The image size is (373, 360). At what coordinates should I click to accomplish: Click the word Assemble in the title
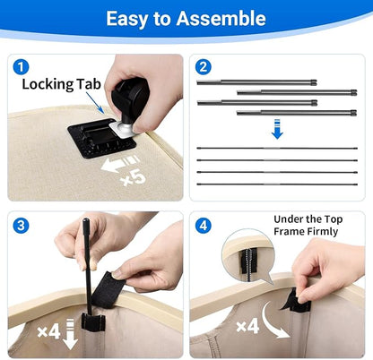coord(221,19)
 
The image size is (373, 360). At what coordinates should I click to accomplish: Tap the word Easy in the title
coord(126,19)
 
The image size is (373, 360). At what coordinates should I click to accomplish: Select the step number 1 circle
coord(21,67)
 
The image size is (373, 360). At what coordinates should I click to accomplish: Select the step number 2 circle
coord(204,67)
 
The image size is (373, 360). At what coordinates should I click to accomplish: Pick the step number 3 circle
coord(21,226)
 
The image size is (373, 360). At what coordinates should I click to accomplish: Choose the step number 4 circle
coord(204,226)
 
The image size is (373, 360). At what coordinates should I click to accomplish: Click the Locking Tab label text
coord(61,84)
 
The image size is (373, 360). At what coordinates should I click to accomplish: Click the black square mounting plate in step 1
coord(101,138)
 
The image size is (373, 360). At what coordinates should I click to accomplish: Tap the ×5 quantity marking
coord(133,177)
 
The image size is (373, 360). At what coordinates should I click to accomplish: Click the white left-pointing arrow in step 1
coord(119,164)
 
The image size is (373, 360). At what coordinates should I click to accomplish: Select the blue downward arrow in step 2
coord(277,129)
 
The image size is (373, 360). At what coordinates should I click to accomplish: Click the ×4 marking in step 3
coord(49,331)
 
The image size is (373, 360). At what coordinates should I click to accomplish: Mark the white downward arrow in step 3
coord(71,334)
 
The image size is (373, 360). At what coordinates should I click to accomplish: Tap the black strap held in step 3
coord(109,289)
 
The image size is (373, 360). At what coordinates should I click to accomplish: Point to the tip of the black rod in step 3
coord(86,219)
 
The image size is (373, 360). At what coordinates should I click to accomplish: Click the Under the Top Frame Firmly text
coord(308,226)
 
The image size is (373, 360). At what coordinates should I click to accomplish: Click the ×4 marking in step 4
coord(247,326)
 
